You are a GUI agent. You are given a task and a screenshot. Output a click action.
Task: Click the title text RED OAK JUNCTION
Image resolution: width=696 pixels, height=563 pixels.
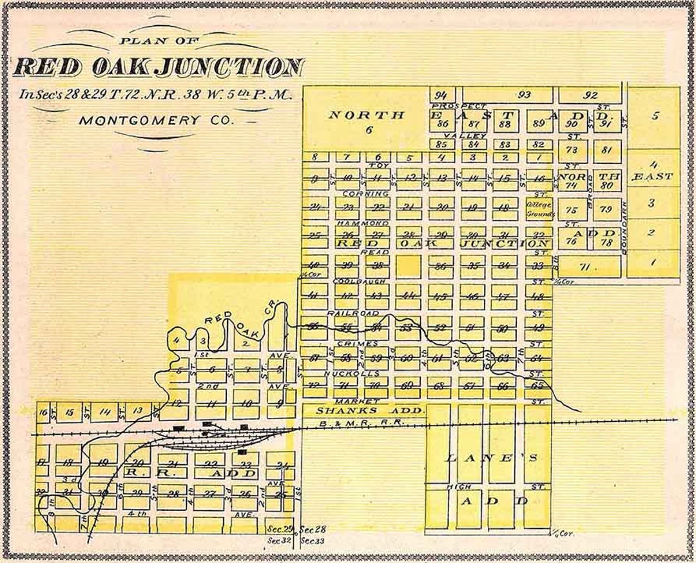[158, 67]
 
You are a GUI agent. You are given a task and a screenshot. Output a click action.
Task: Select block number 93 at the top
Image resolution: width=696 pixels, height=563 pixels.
[525, 95]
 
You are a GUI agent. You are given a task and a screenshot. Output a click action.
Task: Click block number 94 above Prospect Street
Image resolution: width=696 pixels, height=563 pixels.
[442, 95]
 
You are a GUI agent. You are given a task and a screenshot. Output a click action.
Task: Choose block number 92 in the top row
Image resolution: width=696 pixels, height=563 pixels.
[590, 95]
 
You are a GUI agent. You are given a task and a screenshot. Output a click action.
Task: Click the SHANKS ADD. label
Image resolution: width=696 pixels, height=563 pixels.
[371, 410]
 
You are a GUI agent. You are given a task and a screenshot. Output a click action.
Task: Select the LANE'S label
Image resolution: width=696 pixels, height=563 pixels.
[487, 459]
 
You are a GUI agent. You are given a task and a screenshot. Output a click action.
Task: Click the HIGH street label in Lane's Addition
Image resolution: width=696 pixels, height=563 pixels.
[458, 487]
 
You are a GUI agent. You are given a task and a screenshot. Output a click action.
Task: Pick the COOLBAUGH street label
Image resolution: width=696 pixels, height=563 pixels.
[360, 282]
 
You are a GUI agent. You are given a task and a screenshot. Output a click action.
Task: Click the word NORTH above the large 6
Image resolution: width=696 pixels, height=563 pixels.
[367, 115]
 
